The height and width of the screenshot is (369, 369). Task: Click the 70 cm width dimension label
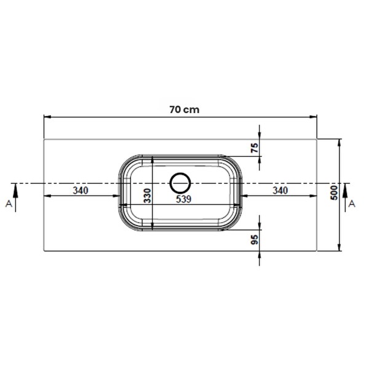184,109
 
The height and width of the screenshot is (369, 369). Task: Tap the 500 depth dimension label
334,192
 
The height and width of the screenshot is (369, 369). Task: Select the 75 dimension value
255,148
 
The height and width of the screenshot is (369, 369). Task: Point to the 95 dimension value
255,240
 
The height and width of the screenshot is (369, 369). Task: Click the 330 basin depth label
148,196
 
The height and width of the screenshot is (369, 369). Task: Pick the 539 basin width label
183,199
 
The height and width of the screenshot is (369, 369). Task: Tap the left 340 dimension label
81,191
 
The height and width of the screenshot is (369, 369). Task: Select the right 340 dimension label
280,191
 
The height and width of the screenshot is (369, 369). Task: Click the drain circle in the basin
180,173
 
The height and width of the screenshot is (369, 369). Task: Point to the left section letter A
9,204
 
